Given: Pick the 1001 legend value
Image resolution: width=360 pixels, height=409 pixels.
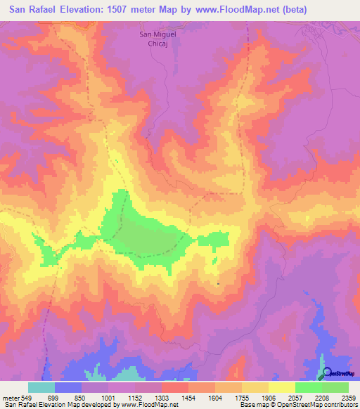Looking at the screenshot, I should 109,398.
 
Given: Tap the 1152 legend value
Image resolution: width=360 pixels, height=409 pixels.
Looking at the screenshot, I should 136,398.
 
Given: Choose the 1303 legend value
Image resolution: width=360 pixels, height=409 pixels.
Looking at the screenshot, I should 162,398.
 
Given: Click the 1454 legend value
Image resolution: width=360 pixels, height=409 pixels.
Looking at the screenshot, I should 189,398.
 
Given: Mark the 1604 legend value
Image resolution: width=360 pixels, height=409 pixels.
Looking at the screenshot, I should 216,398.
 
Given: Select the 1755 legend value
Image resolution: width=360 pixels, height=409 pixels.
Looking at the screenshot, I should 243,398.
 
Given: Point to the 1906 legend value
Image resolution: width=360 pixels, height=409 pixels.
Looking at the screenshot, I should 269,398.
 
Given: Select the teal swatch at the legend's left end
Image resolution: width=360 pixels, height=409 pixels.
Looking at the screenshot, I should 41,387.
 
